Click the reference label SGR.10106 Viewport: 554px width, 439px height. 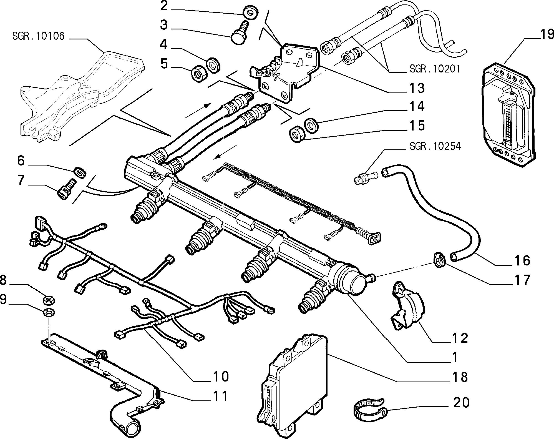[x=38, y=36]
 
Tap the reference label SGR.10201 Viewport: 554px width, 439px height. [x=435, y=69]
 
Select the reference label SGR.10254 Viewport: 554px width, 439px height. [x=435, y=146]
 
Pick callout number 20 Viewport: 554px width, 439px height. [x=461, y=403]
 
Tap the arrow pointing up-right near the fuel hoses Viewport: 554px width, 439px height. [x=197, y=110]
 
